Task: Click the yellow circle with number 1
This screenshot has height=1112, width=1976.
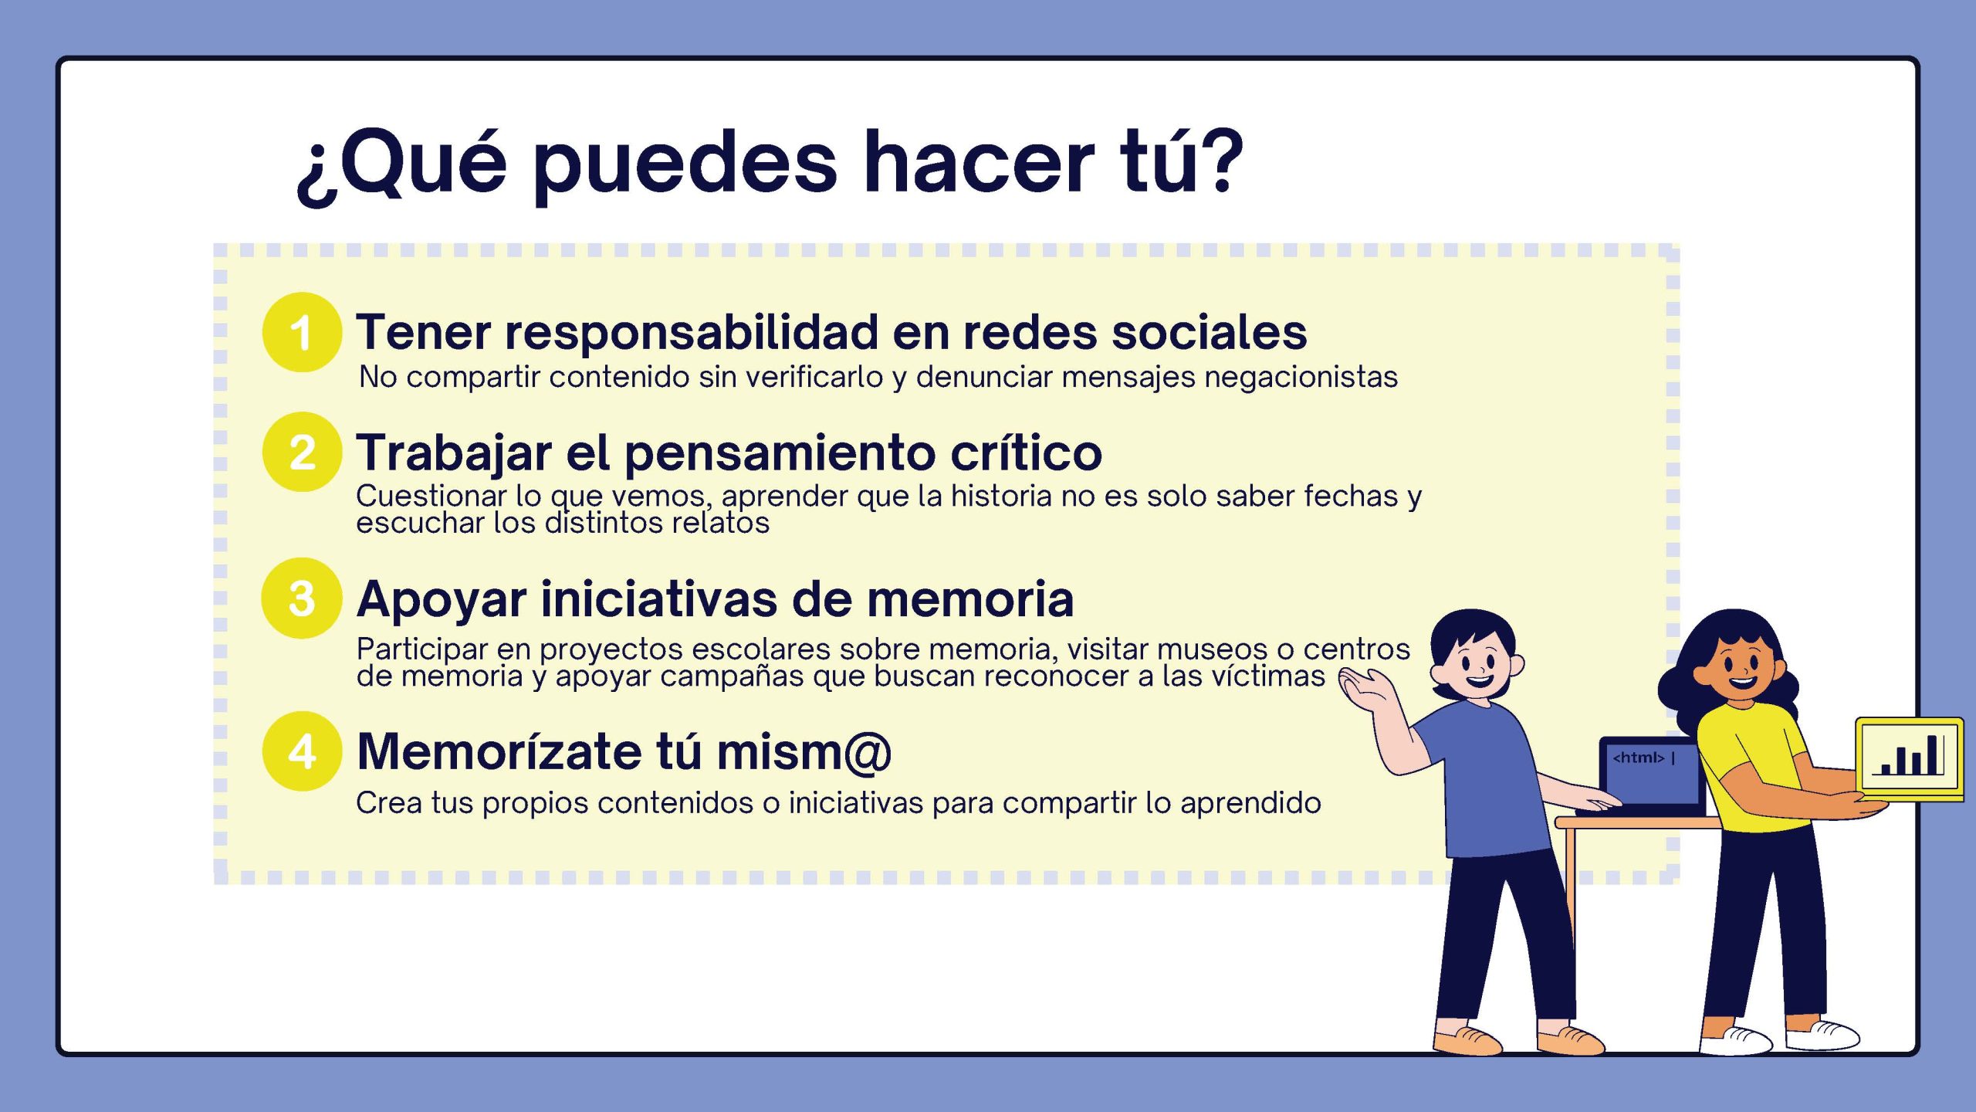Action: click(302, 332)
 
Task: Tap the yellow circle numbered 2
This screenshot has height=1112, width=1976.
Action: click(302, 452)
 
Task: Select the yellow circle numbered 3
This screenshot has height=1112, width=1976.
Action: click(302, 598)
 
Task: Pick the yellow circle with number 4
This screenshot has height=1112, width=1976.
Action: click(302, 751)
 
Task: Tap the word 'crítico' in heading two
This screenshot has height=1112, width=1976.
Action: click(1026, 452)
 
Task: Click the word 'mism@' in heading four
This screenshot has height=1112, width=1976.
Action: click(804, 751)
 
